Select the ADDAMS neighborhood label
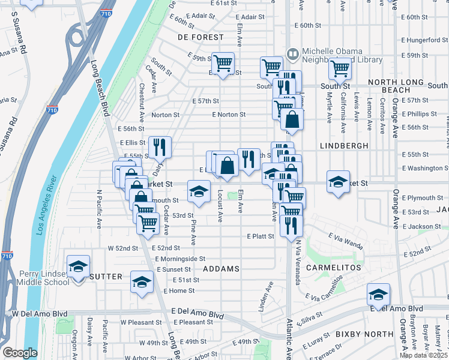point(221,268)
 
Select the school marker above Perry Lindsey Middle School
point(78,265)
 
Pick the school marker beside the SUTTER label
point(142,281)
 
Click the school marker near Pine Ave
point(199,191)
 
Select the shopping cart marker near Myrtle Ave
point(340,68)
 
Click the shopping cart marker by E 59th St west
point(223,62)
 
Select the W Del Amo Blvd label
point(40,314)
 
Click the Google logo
point(20,352)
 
